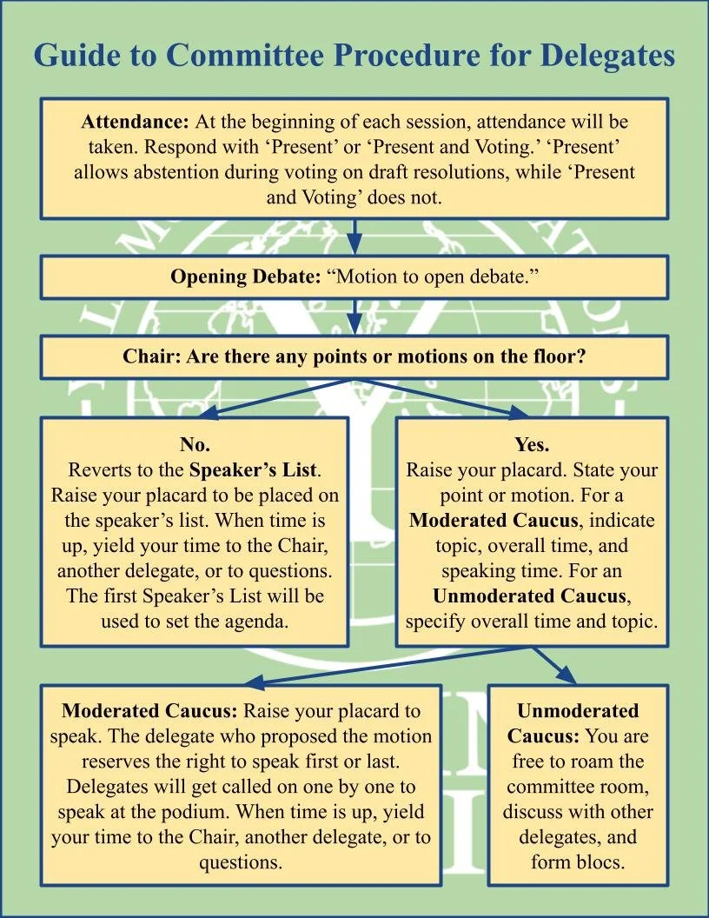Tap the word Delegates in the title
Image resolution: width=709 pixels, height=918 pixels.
607,56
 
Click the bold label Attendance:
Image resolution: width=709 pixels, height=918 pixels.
136,122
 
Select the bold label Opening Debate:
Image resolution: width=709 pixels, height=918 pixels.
246,277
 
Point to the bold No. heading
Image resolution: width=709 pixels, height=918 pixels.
195,445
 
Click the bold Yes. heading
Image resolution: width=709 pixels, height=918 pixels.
532,445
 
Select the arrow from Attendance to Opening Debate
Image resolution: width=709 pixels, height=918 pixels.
354,236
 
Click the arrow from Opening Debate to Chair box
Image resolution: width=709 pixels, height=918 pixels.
354,317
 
